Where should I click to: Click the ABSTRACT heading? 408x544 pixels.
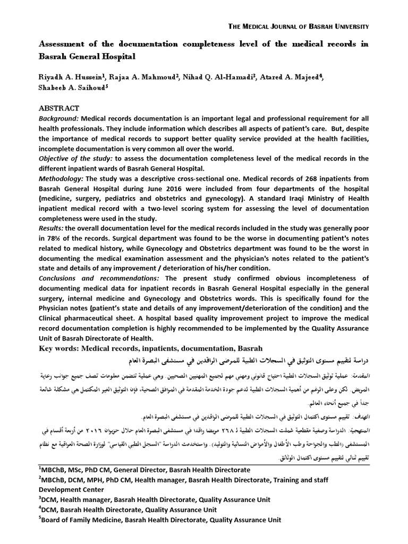point(58,108)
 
